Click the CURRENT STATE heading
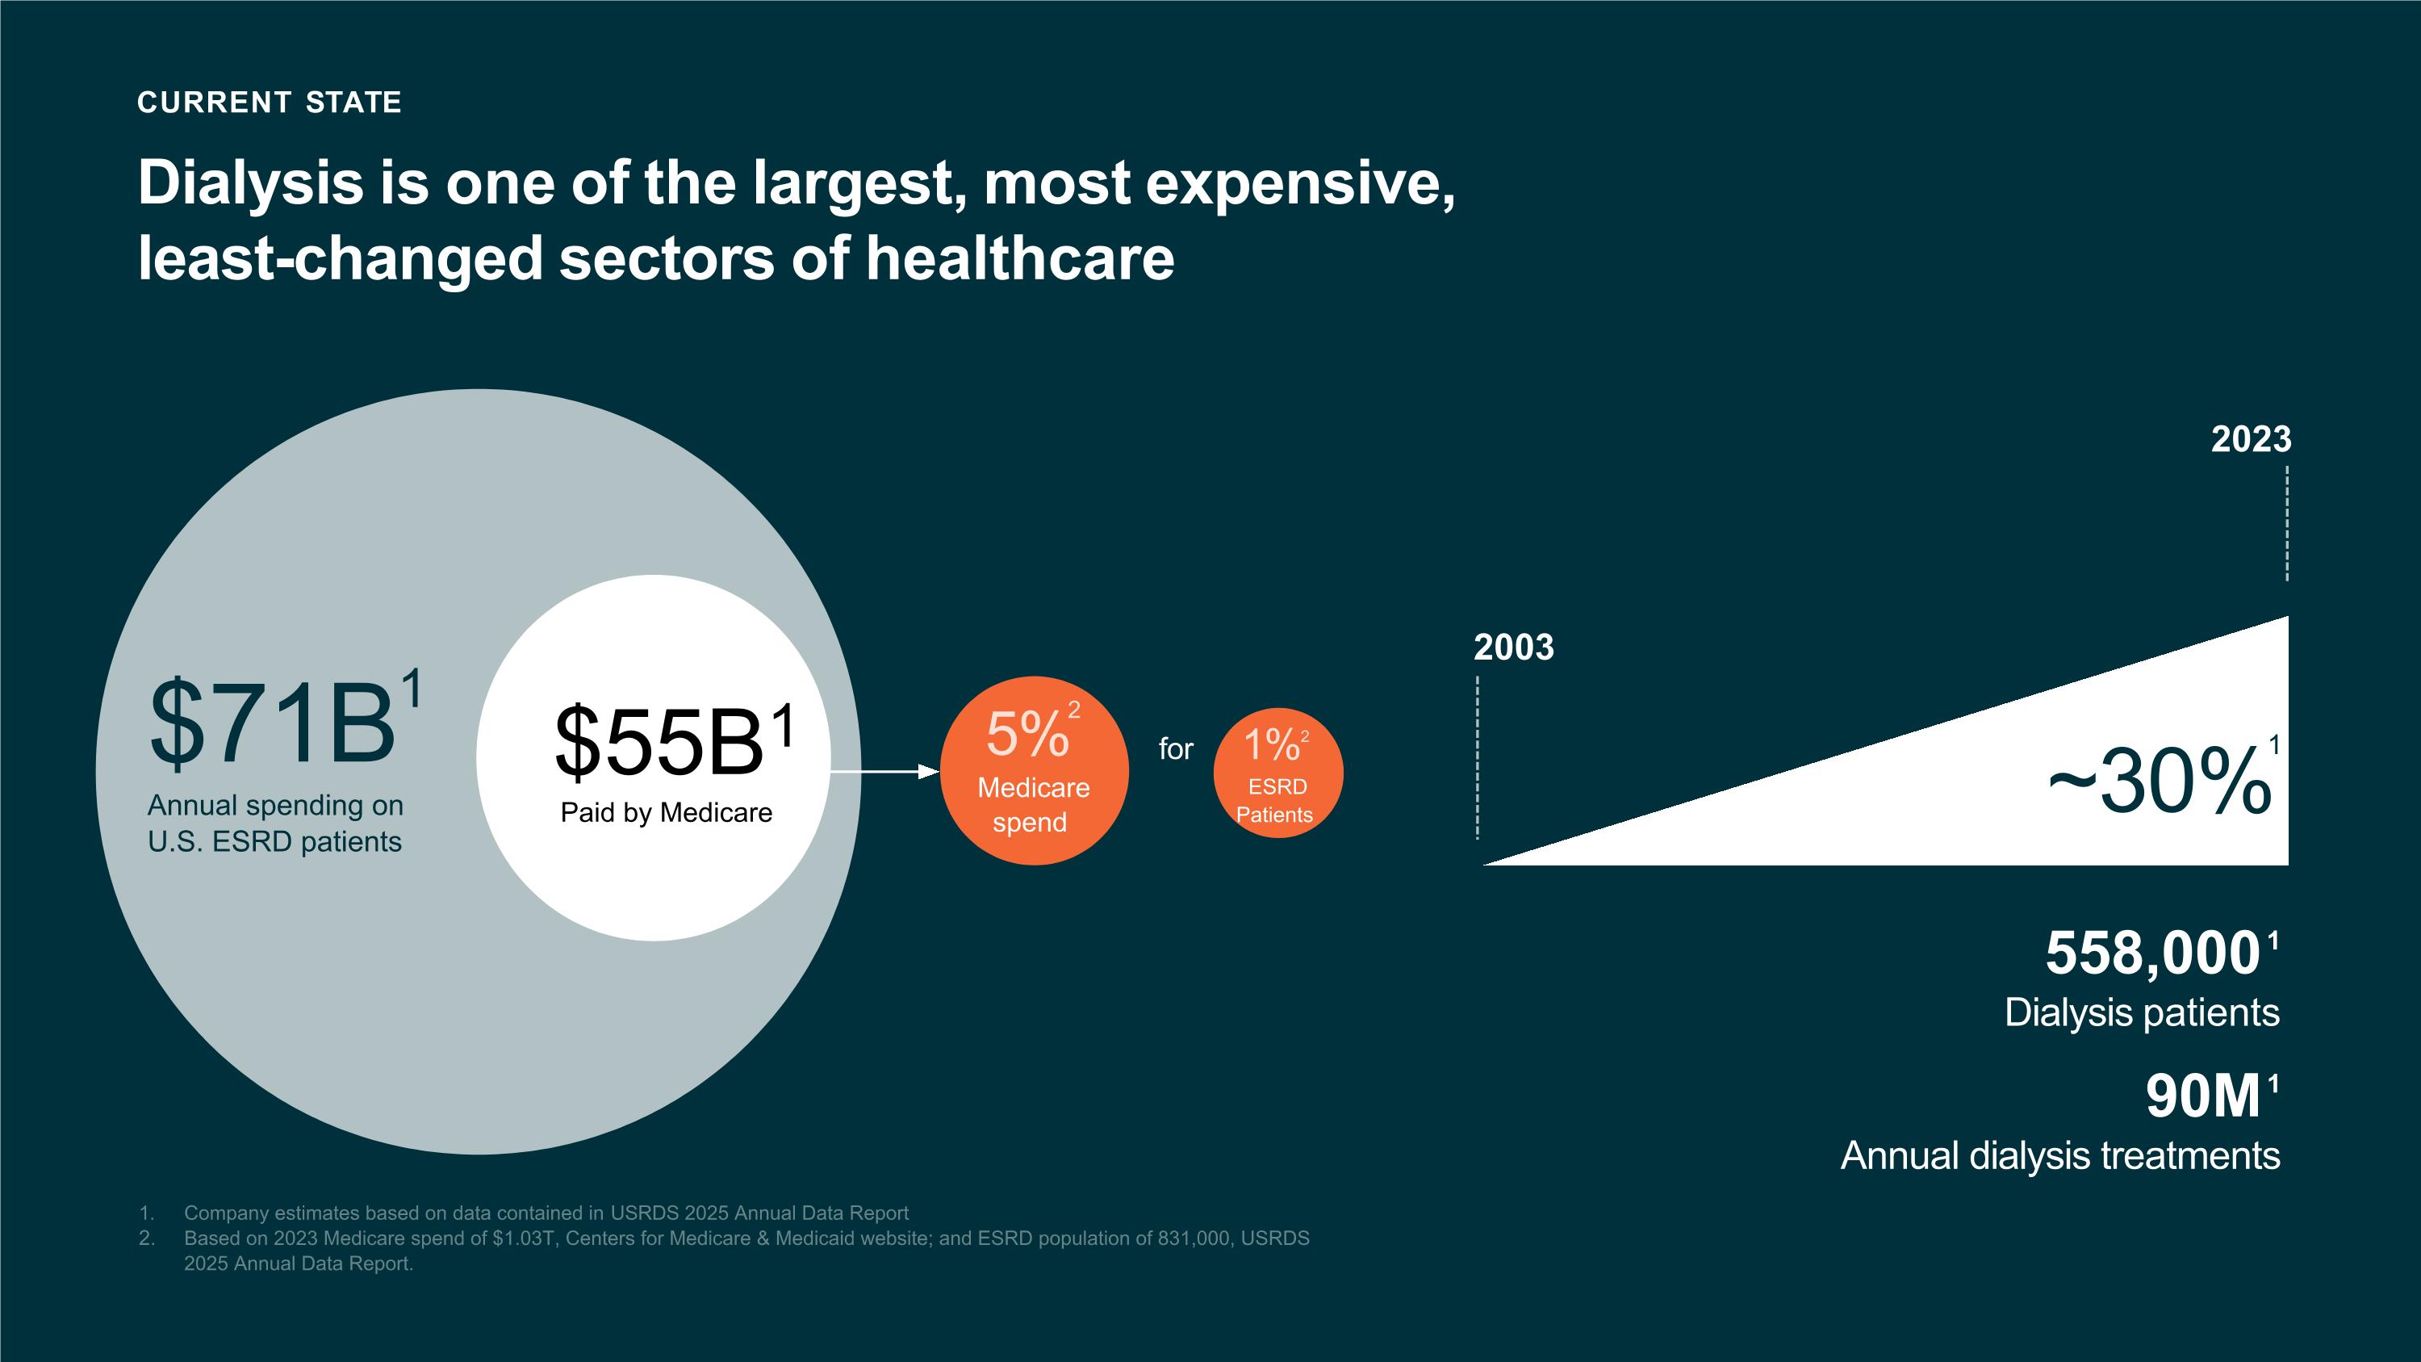(x=269, y=102)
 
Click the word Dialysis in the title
(x=250, y=182)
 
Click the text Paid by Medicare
(x=667, y=813)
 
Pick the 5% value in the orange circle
(x=1027, y=734)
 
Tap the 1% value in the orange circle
(x=1272, y=745)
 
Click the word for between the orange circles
(x=1175, y=749)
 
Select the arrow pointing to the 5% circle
(x=884, y=772)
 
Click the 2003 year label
(x=1513, y=647)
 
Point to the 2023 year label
(x=2250, y=440)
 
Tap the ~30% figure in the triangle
(x=2159, y=782)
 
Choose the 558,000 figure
(x=2152, y=953)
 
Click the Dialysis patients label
(x=2141, y=1013)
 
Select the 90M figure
(x=2202, y=1097)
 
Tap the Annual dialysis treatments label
(x=2060, y=1156)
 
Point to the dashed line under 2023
(x=2286, y=523)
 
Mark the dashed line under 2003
(x=1478, y=757)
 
